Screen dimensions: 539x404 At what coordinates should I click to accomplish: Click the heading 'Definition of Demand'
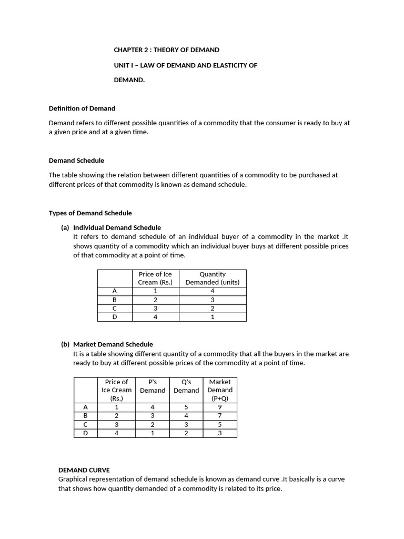[x=82, y=108]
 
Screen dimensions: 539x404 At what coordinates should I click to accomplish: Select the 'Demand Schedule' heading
[x=76, y=161]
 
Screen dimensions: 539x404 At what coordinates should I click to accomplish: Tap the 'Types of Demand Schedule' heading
[x=90, y=213]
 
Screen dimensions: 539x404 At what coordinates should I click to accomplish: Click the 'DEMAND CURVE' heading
[x=84, y=470]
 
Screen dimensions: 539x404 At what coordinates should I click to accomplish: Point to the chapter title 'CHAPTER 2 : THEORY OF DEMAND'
[x=167, y=50]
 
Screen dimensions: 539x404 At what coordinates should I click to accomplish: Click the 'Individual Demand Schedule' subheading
[x=117, y=227]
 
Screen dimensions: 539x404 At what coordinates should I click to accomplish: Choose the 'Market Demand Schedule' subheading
[x=113, y=344]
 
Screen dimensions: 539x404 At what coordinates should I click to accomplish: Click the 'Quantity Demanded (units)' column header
[x=213, y=278]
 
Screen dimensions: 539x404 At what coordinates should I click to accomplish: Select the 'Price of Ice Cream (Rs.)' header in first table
[x=155, y=278]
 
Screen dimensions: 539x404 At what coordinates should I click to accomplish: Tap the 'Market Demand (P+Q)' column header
[x=220, y=390]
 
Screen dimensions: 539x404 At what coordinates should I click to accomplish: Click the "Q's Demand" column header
[x=186, y=386]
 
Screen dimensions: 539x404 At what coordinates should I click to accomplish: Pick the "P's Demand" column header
[x=153, y=386]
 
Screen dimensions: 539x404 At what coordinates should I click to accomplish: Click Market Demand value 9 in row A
[x=220, y=407]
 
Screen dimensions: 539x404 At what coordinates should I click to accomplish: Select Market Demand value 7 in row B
[x=220, y=415]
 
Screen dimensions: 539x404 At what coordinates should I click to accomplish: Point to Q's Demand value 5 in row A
[x=186, y=407]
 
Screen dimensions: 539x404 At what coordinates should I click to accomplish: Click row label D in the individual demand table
[x=115, y=317]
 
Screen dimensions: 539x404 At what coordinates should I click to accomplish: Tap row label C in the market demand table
[x=86, y=424]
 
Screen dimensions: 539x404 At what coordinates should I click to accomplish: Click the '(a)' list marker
[x=65, y=227]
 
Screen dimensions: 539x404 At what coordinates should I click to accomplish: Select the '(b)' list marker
[x=65, y=344]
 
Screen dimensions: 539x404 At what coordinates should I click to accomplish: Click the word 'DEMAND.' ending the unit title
[x=129, y=80]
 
